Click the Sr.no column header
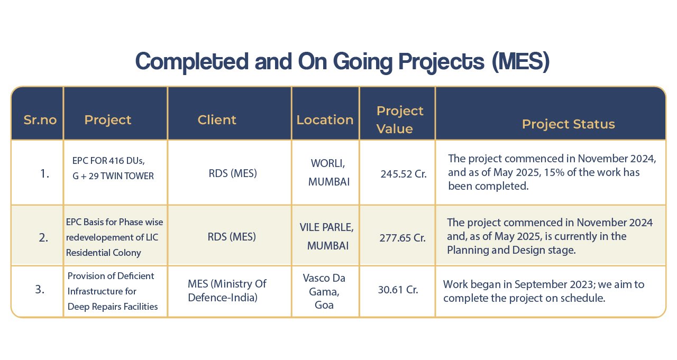(40, 120)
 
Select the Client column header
(217, 120)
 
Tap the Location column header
(325, 120)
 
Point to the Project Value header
(399, 119)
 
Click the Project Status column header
(568, 124)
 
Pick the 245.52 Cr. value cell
(404, 174)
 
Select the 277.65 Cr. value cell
(402, 238)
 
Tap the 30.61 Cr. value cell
(398, 290)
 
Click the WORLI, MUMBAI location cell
(329, 172)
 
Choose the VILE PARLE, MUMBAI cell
(327, 236)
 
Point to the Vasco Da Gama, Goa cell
(324, 291)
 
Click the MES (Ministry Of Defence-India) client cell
(227, 291)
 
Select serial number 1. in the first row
(44, 174)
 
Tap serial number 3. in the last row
(40, 289)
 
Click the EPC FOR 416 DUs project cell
(113, 168)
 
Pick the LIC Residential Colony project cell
(114, 237)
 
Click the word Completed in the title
(192, 62)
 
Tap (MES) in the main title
(520, 62)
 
